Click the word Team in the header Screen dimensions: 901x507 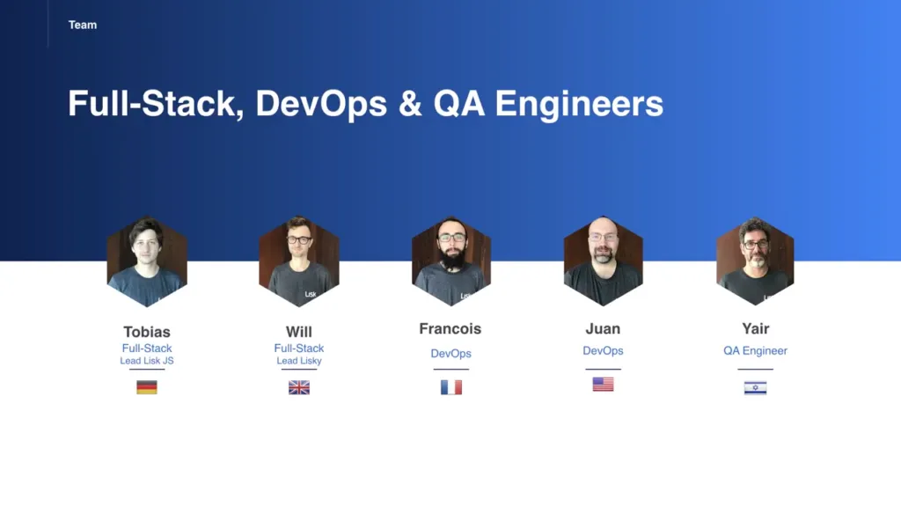[x=83, y=25]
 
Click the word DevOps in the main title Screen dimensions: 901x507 [x=320, y=104]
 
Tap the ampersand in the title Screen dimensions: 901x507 [x=410, y=104]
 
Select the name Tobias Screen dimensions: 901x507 [x=147, y=332]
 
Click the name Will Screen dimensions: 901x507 [x=299, y=332]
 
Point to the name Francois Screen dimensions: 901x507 [x=450, y=328]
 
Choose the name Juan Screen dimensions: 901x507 [x=603, y=328]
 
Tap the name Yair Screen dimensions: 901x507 [x=755, y=328]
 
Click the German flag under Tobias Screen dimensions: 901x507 [x=147, y=387]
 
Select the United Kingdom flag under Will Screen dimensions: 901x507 [x=299, y=387]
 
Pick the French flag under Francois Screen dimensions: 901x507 [x=451, y=387]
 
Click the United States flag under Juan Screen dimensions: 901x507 [x=603, y=384]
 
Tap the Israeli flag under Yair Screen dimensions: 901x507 [x=755, y=388]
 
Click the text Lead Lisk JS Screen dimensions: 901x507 [x=147, y=360]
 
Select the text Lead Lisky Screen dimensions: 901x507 [x=299, y=360]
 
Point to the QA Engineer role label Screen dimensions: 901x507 [x=755, y=350]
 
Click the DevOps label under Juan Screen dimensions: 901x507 [x=603, y=350]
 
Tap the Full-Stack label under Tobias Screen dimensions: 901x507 [x=147, y=348]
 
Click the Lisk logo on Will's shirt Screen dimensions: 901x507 [x=311, y=294]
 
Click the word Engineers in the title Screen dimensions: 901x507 [x=579, y=104]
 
